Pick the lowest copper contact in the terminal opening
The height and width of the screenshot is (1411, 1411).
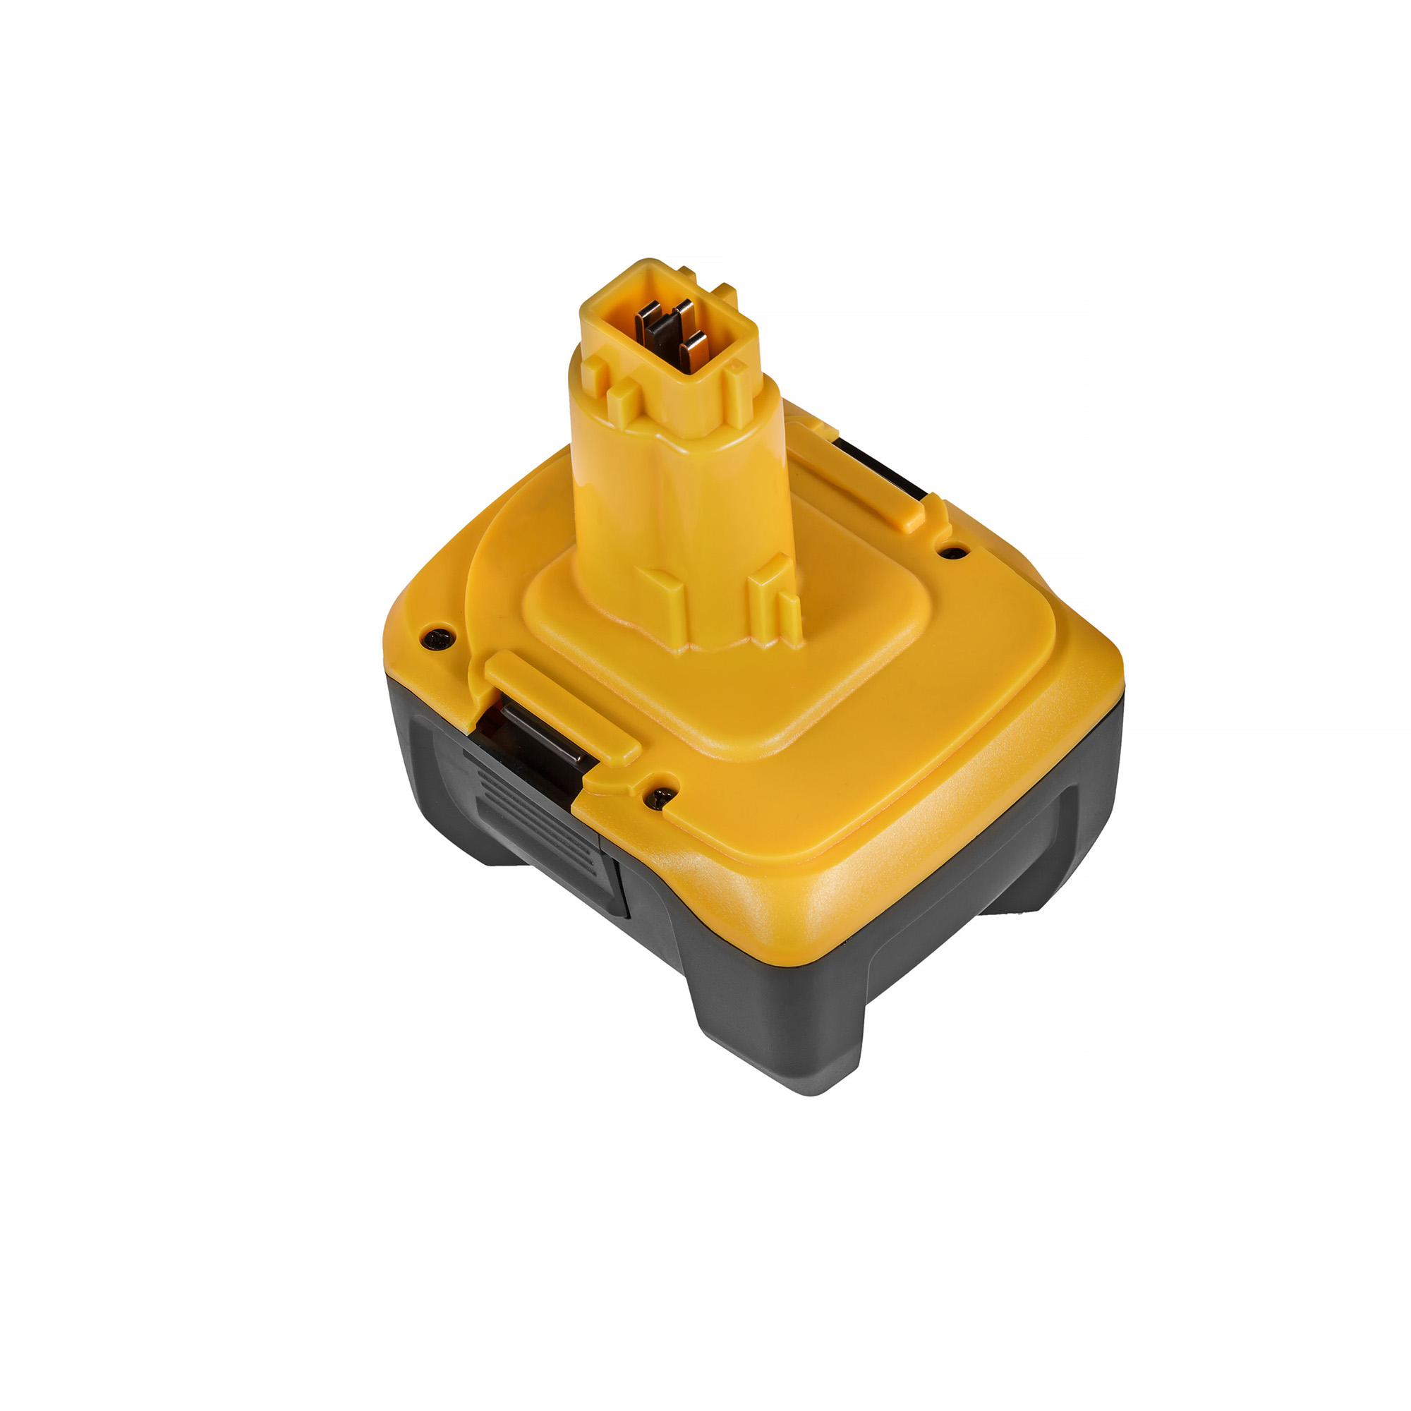click(x=692, y=349)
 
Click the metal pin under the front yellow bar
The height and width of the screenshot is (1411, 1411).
click(x=544, y=734)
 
